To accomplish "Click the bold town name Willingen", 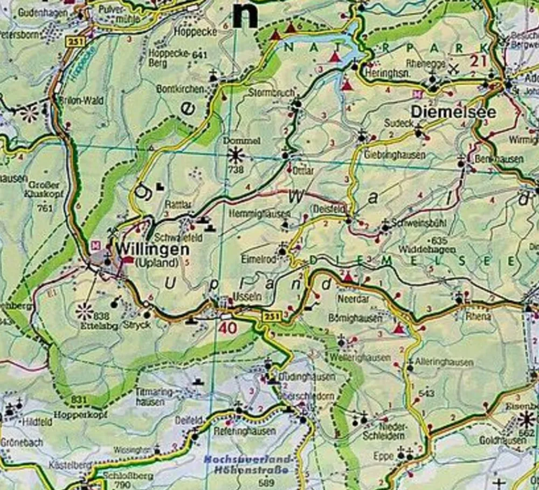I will (152, 250).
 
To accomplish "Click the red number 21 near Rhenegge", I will (478, 60).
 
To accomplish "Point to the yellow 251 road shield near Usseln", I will (272, 316).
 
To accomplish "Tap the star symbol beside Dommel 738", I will (236, 156).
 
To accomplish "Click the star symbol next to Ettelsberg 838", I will (84, 311).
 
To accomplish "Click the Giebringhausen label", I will (395, 155).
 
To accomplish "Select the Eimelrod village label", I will (258, 260).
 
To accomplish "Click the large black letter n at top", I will (245, 15).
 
